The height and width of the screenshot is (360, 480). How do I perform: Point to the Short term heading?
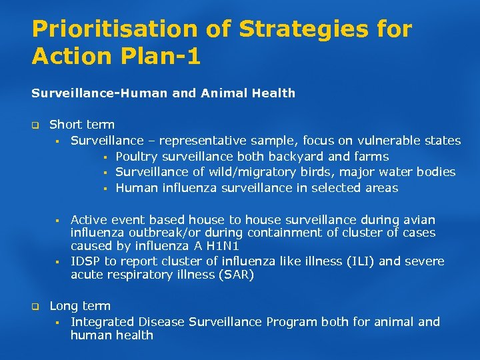tap(82, 124)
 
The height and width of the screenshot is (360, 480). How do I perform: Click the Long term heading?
tap(80, 306)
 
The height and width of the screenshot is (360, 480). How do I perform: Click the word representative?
tap(202, 141)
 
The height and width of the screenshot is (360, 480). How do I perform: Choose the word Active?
tap(89, 220)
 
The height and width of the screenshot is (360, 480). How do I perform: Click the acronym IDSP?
tap(85, 261)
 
